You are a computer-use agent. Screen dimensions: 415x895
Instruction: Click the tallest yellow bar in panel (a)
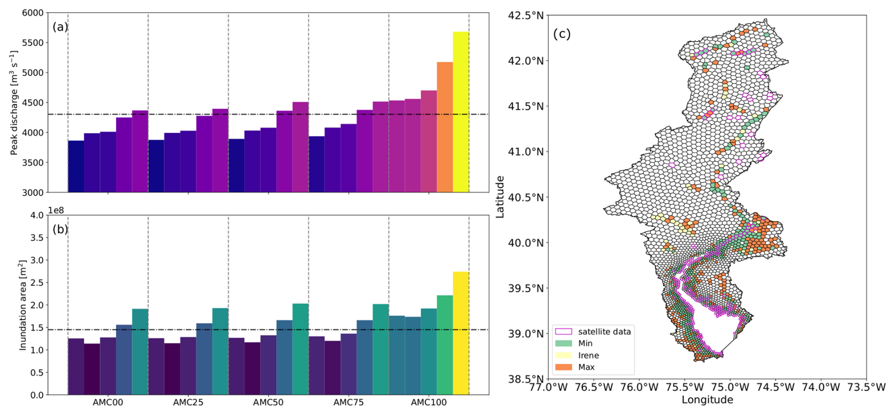tap(460, 112)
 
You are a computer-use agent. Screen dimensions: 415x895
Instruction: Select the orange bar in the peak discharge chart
tap(444, 127)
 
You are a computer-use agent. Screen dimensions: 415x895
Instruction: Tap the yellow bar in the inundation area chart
tap(460, 333)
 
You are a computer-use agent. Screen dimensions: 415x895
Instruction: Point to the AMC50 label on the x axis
tap(268, 403)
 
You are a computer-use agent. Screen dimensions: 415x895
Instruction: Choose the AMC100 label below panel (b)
tap(429, 403)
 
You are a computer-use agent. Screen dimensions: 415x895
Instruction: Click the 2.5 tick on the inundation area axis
tap(37, 283)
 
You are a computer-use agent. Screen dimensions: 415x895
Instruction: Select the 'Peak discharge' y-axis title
tap(14, 103)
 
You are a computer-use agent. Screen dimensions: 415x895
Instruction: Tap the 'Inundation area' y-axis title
tap(23, 305)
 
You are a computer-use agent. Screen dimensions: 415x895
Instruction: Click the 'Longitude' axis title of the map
tap(707, 400)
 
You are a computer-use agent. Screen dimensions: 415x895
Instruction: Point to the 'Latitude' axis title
tap(500, 197)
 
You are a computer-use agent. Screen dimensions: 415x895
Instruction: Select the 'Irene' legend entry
tap(588, 355)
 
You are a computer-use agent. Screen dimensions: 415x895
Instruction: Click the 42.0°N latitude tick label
tap(526, 61)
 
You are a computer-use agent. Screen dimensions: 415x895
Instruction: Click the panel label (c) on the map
tap(562, 34)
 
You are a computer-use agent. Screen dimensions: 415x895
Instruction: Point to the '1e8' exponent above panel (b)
tap(56, 210)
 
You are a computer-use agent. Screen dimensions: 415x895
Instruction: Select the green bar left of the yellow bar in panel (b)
tap(444, 345)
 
